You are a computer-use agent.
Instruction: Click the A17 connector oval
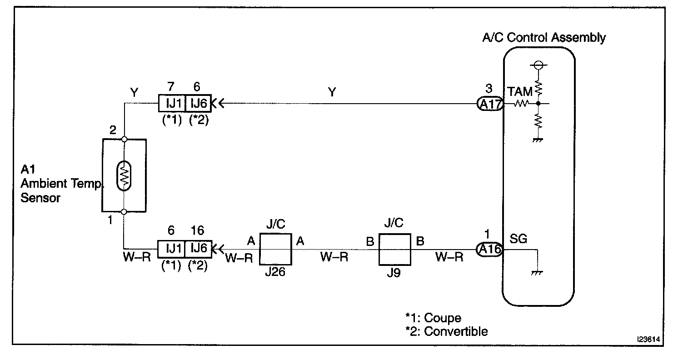(489, 105)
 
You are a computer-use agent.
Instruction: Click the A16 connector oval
(489, 250)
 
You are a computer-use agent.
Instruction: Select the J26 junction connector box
(275, 249)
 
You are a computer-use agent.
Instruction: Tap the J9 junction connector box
(395, 249)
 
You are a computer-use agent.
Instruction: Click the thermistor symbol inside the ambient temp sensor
(124, 175)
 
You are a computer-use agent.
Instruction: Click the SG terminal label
(519, 239)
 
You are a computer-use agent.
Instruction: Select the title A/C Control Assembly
(543, 37)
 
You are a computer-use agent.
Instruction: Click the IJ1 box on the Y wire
(171, 104)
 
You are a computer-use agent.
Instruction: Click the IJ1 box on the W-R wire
(171, 249)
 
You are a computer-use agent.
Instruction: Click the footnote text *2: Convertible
(446, 331)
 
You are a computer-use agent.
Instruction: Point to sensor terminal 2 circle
(124, 139)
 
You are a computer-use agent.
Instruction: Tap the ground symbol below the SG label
(538, 272)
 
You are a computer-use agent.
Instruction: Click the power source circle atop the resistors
(538, 65)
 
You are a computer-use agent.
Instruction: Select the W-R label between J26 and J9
(334, 257)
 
